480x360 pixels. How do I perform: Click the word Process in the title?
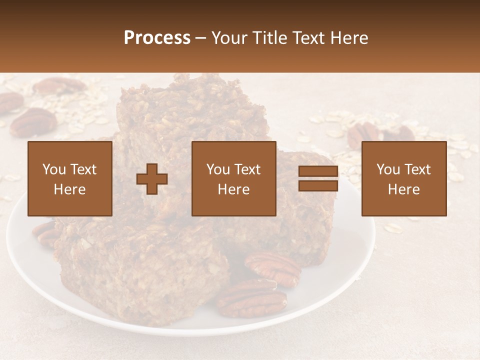point(157,38)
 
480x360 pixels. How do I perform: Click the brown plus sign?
point(152,179)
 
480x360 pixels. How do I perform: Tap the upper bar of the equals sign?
point(318,171)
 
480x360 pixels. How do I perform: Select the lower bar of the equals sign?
point(318,186)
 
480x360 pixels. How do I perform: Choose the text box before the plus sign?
point(70,178)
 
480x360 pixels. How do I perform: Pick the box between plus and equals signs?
point(234,178)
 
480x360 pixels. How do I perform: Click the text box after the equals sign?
point(404,178)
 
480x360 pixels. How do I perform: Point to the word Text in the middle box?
point(247,169)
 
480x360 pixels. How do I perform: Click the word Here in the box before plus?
point(70,189)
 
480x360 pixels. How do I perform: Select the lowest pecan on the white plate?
point(251,299)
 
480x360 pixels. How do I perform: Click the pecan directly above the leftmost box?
point(33,122)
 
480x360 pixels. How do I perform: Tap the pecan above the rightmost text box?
point(363,133)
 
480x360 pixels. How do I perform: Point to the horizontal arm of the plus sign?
point(152,179)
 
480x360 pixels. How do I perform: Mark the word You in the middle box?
point(217,169)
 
